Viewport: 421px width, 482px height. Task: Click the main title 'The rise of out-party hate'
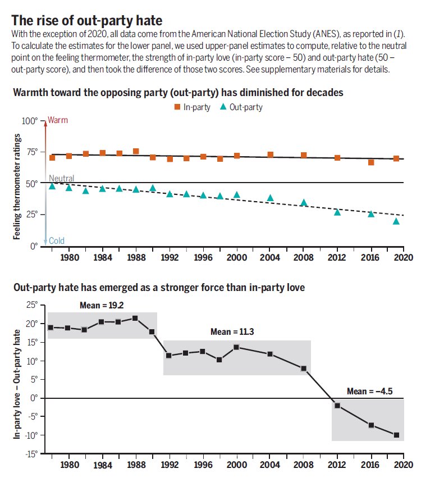[87, 21]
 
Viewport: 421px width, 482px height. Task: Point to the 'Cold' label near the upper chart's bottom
[57, 241]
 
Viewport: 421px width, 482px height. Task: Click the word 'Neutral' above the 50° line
[62, 178]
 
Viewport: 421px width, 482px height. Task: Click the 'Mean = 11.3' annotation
[232, 332]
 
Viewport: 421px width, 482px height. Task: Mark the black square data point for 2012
[337, 406]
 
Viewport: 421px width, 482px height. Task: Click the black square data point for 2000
[236, 347]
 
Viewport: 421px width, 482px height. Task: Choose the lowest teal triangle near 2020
[396, 221]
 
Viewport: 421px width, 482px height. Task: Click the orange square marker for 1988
[136, 151]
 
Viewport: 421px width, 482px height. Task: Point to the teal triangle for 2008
[304, 203]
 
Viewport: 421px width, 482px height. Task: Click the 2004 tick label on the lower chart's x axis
[270, 465]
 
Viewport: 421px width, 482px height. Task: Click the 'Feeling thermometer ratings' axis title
[17, 187]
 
